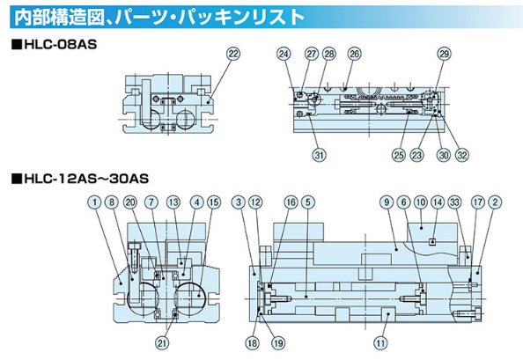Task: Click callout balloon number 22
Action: [233, 54]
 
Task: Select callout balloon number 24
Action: [284, 54]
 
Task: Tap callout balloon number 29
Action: [444, 54]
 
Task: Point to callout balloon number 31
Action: [320, 155]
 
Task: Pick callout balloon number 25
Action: [399, 155]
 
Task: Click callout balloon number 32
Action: [462, 155]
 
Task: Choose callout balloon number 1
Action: [95, 202]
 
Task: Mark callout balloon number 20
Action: [130, 202]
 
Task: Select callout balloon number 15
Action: [214, 202]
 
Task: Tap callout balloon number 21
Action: [162, 342]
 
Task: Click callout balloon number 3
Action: [239, 202]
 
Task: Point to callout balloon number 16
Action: [291, 202]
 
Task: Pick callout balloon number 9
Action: [387, 202]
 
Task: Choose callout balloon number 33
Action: [454, 202]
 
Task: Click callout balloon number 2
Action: [495, 202]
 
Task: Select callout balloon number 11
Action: [380, 342]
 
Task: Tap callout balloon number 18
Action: [253, 342]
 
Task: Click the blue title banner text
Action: [159, 18]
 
